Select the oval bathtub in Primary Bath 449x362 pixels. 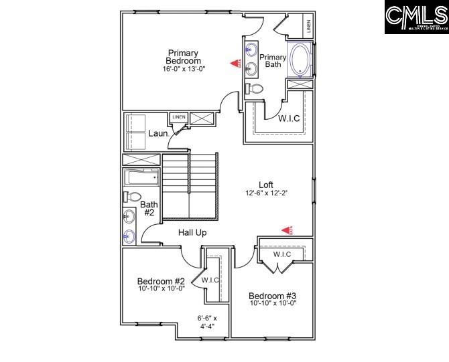click(299, 60)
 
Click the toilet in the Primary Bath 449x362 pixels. click(253, 88)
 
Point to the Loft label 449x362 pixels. click(267, 185)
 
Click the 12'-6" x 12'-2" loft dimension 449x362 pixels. click(267, 194)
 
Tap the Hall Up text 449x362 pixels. click(192, 233)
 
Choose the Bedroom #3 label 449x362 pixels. click(272, 296)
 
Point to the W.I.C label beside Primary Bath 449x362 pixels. click(289, 118)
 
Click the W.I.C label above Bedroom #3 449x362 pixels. click(282, 254)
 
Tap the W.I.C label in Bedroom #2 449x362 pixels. click(211, 280)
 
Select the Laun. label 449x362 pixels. click(158, 133)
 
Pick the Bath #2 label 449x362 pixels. click(149, 208)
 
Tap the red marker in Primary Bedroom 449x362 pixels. click(235, 64)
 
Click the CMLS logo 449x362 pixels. click(416, 17)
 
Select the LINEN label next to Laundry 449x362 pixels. click(178, 118)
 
